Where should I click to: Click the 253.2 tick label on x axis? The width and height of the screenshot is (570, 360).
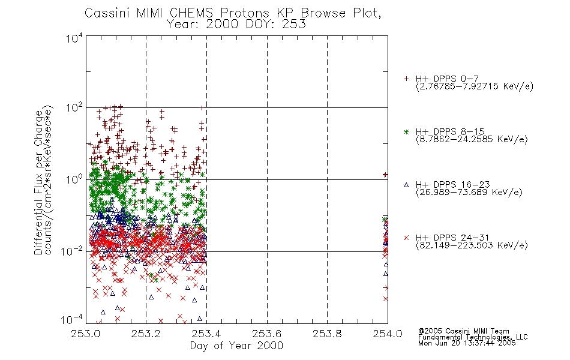pyautogui.click(x=146, y=334)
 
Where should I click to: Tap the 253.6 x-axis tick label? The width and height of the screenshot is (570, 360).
pyautogui.click(x=267, y=334)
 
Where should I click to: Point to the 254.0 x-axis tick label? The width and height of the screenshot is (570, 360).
pyautogui.click(x=388, y=334)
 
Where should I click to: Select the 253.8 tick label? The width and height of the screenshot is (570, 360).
pyautogui.click(x=327, y=334)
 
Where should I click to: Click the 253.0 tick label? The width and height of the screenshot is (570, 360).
pyautogui.click(x=86, y=334)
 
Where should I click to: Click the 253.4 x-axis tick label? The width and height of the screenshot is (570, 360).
pyautogui.click(x=206, y=334)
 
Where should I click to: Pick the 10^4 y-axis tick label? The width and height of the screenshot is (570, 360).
pyautogui.click(x=74, y=38)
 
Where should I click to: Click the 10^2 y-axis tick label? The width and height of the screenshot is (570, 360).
pyautogui.click(x=74, y=107)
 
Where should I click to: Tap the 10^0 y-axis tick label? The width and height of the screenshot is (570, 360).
pyautogui.click(x=74, y=179)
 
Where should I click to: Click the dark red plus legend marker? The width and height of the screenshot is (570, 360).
pyautogui.click(x=406, y=79)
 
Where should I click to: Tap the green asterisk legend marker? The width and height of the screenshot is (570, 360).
pyautogui.click(x=406, y=131)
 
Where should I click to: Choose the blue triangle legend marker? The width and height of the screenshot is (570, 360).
pyautogui.click(x=406, y=185)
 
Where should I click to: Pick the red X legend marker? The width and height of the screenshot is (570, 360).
pyautogui.click(x=406, y=238)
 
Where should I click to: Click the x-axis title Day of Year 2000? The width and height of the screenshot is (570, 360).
pyautogui.click(x=236, y=346)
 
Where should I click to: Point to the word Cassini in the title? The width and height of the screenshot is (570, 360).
pyautogui.click(x=107, y=13)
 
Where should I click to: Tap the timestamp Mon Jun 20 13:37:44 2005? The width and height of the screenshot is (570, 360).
pyautogui.click(x=467, y=343)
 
